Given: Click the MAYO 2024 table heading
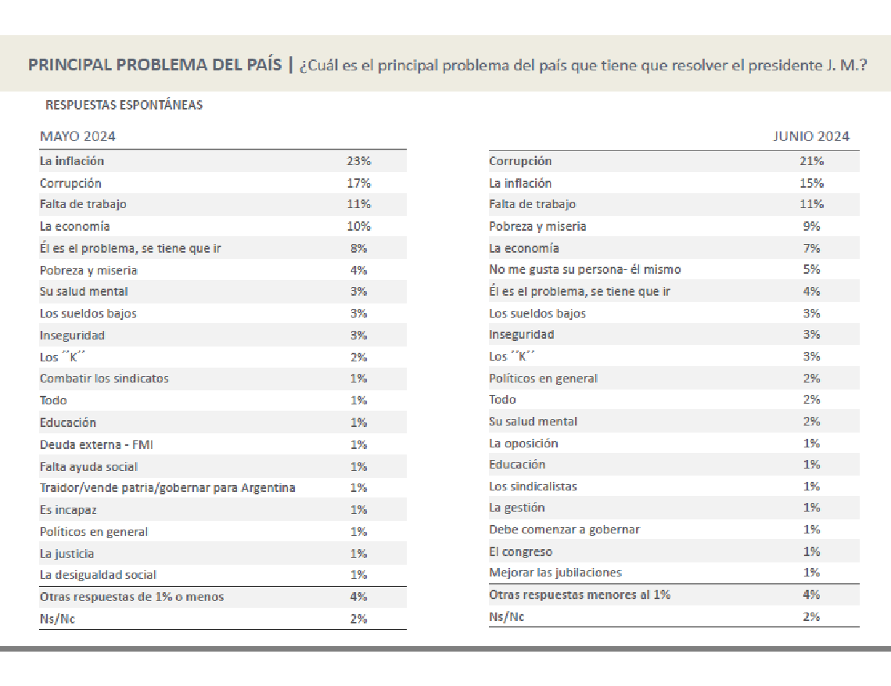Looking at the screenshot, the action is click(77, 136).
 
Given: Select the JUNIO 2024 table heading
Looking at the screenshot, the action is click(811, 136).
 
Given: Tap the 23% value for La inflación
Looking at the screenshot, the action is click(358, 161).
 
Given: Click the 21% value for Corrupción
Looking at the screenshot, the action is click(811, 161).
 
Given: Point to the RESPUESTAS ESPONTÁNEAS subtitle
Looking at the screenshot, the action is click(124, 105).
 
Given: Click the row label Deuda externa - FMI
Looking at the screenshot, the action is click(96, 444).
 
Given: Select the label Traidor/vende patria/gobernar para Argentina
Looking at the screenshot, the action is click(167, 487).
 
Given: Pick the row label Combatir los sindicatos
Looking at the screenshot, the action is click(104, 379).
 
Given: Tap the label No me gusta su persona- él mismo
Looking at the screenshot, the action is click(584, 269).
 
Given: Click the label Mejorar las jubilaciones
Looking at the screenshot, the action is click(555, 573).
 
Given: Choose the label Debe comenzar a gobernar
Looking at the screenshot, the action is click(564, 529).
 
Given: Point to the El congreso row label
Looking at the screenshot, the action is click(520, 551).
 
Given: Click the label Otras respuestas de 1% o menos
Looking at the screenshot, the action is click(132, 597).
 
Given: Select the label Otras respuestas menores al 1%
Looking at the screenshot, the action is click(580, 594).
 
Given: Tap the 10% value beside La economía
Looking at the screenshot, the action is click(358, 226).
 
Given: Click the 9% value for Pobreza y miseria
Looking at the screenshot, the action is click(811, 226).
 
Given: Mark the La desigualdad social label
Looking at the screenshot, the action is click(98, 575).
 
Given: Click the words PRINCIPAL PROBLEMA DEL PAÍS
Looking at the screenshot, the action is click(155, 64).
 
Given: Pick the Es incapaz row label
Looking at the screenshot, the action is click(68, 510).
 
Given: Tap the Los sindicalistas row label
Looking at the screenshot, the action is click(533, 487).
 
